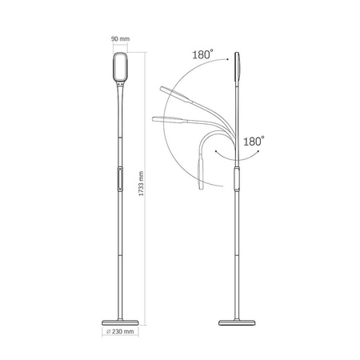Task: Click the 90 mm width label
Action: pos(120,37)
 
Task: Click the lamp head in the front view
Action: pos(120,70)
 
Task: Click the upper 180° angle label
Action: pos(202,54)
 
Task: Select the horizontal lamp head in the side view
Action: pos(168,120)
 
